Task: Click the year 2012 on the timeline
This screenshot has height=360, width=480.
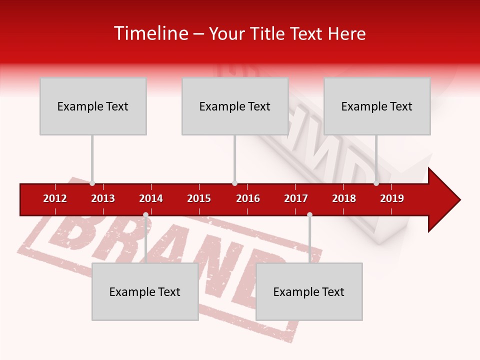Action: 55,198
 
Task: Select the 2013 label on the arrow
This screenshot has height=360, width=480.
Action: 103,198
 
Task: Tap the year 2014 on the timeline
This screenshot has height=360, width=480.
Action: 151,198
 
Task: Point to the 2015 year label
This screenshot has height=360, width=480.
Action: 199,198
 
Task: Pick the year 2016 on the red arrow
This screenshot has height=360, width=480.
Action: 248,198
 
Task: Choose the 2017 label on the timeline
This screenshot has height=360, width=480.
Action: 296,198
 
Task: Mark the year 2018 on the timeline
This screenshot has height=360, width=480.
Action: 344,198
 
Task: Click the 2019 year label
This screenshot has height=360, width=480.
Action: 392,198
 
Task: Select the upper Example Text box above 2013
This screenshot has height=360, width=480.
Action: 93,106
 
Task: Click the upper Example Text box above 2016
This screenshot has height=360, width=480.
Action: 235,106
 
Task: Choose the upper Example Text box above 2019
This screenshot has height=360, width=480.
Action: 377,106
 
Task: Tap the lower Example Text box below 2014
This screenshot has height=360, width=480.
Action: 145,291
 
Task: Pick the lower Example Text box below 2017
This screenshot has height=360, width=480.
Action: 309,291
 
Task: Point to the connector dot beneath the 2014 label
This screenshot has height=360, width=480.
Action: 145,214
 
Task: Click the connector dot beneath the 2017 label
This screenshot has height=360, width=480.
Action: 309,214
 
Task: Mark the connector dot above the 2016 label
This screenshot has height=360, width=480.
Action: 234,183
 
